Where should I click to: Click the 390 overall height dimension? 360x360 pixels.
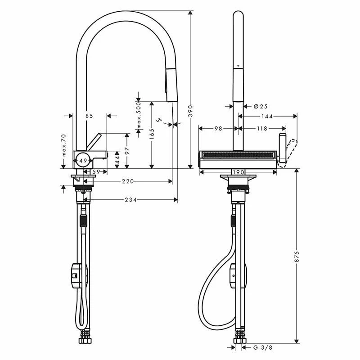click(190, 111)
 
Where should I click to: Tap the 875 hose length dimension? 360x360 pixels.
click(297, 256)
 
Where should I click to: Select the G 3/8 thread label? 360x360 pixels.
click(263, 347)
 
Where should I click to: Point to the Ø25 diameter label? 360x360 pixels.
click(261, 106)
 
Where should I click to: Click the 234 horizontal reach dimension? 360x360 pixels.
click(130, 200)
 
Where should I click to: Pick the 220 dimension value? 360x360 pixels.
click(128, 181)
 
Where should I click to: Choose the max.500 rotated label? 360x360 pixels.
click(139, 116)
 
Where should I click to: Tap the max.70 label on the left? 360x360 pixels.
click(63, 145)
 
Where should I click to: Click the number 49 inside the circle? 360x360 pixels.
click(83, 161)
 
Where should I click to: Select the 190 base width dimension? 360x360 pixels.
click(238, 172)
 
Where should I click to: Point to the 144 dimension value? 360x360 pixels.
click(267, 117)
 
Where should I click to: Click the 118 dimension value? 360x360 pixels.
click(262, 129)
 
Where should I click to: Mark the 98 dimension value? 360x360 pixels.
click(218, 129)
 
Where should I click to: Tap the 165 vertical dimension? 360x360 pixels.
click(152, 134)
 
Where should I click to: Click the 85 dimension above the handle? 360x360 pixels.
click(89, 116)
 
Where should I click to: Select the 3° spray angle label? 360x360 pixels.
click(159, 120)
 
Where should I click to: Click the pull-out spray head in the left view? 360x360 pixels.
click(171, 85)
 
